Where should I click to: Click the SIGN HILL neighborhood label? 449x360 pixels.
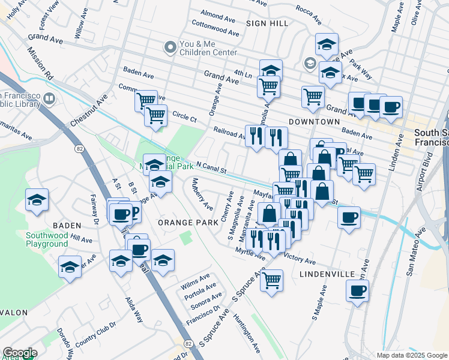pos(267,23)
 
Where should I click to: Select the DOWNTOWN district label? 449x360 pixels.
pos(314,122)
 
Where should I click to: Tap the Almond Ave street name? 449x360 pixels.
pos(218,13)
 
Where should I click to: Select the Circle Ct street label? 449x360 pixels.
pos(184,117)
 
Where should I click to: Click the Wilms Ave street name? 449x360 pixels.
pos(196,278)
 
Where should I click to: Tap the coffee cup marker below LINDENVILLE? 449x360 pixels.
pos(358,291)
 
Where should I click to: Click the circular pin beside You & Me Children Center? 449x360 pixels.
pos(170,47)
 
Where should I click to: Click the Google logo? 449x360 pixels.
pos(19,353)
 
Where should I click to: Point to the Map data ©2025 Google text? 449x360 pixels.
pos(412,355)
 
